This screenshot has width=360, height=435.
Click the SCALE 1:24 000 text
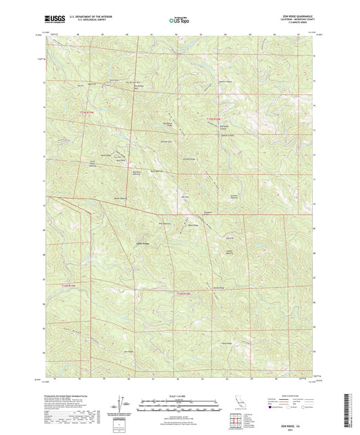coord(180,395)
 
